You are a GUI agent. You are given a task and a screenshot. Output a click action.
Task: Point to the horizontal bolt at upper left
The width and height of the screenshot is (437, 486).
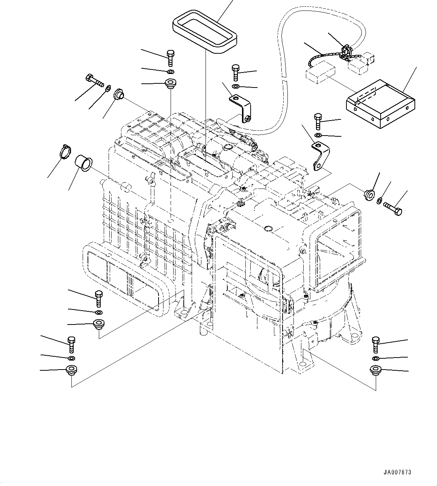(x=94, y=80)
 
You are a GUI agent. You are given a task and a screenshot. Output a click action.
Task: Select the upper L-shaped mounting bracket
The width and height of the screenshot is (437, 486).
(x=240, y=108)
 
